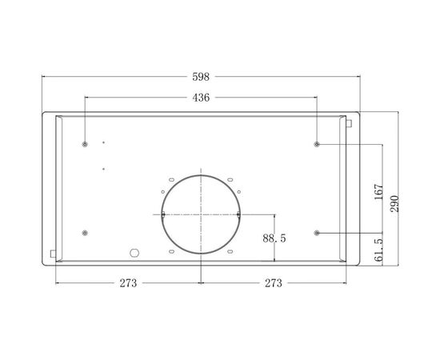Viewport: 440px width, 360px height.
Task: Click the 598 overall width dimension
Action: pyautogui.click(x=201, y=78)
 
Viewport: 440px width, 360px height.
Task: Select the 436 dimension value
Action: pyautogui.click(x=201, y=98)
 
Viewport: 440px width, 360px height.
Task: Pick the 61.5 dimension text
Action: pyautogui.click(x=378, y=251)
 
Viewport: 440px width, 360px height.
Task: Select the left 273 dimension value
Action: pyautogui.click(x=129, y=283)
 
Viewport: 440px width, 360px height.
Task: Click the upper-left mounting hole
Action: pyautogui.click(x=85, y=145)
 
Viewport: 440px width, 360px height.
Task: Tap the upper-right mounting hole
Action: pyautogui.click(x=318, y=145)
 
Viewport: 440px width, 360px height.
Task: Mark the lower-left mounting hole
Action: pyautogui.click(x=85, y=233)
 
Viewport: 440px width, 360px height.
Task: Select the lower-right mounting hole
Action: pyautogui.click(x=318, y=233)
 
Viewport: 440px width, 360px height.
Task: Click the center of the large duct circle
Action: pyautogui.click(x=201, y=214)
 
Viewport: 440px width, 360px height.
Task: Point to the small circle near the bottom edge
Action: pyautogui.click(x=134, y=253)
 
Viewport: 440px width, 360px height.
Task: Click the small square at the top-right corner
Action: pyautogui.click(x=349, y=122)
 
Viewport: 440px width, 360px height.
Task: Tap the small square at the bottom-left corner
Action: pyautogui.click(x=53, y=254)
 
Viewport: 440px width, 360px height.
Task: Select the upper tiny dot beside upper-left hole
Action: pyautogui.click(x=103, y=142)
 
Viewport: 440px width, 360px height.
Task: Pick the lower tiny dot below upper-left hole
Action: pyautogui.click(x=103, y=168)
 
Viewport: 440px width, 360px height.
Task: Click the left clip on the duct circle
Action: pyautogui.click(x=162, y=214)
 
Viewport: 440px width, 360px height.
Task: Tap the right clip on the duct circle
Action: pyautogui.click(x=239, y=214)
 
